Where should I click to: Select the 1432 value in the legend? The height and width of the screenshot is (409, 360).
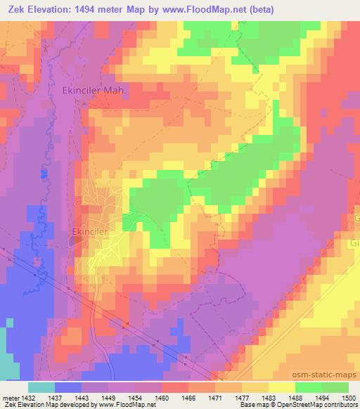[28, 396]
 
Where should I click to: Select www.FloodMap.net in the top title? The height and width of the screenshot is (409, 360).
[215, 10]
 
